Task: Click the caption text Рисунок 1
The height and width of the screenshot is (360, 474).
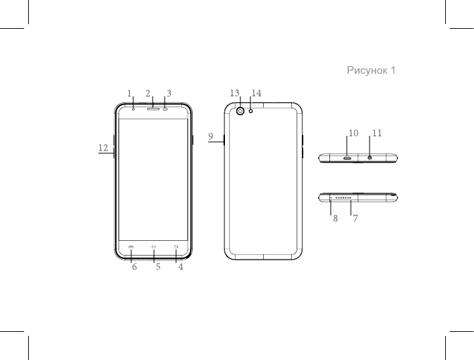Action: [x=371, y=70]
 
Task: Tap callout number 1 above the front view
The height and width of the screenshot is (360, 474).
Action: [x=129, y=93]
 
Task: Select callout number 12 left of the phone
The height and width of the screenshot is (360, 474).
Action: [x=103, y=148]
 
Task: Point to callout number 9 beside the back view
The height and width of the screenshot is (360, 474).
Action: [x=211, y=137]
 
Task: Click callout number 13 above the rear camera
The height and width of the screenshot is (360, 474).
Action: [x=234, y=93]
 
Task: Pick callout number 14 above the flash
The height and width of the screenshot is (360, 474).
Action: [x=256, y=93]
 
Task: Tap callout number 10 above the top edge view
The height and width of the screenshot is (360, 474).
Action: [x=353, y=133]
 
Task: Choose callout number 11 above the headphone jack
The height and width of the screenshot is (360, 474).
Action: [x=377, y=133]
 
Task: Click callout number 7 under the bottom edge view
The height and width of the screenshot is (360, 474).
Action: [x=355, y=218]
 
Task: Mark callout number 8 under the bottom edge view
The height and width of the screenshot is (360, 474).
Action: [x=335, y=218]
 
